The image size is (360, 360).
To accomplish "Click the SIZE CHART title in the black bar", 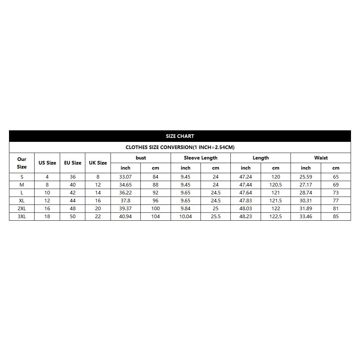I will click(x=180, y=136).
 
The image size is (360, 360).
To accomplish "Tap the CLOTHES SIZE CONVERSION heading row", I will click(x=180, y=147).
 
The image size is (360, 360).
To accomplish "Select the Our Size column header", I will click(x=22, y=163).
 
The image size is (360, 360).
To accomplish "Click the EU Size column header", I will click(x=73, y=163).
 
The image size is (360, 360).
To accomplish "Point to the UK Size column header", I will click(x=98, y=163).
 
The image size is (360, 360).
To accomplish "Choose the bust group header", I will click(x=141, y=158).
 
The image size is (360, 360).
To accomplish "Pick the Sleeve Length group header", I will click(x=201, y=158).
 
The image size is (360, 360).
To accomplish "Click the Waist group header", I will click(x=321, y=158).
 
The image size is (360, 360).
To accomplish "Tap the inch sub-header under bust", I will click(x=125, y=168).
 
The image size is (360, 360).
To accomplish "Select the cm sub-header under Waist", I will click(x=336, y=168).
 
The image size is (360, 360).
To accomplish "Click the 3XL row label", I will click(x=22, y=216).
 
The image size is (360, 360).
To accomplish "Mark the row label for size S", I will click(x=22, y=177).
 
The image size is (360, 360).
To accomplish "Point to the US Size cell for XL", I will click(x=47, y=201).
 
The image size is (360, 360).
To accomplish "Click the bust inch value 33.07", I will click(x=125, y=177).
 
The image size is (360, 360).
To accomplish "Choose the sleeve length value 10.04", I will click(x=185, y=216).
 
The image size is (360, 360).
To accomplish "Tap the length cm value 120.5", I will click(x=275, y=185).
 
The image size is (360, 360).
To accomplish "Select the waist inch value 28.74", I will click(x=306, y=193).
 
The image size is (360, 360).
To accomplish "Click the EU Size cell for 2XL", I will click(x=73, y=208).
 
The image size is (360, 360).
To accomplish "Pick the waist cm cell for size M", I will click(x=336, y=185).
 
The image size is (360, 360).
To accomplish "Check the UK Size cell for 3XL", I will click(x=98, y=216).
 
